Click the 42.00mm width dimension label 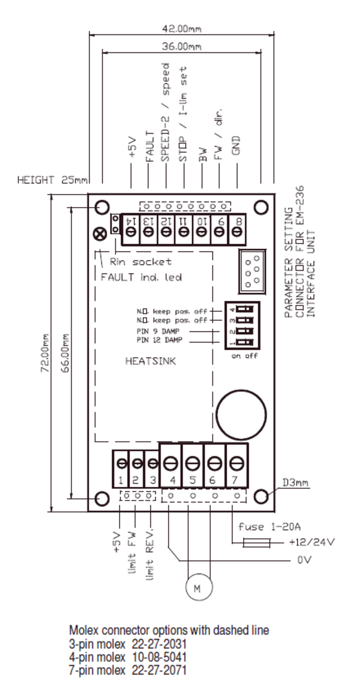point(182,29)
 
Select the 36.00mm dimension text point(182,47)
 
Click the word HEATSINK point(150,361)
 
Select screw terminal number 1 point(122,463)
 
